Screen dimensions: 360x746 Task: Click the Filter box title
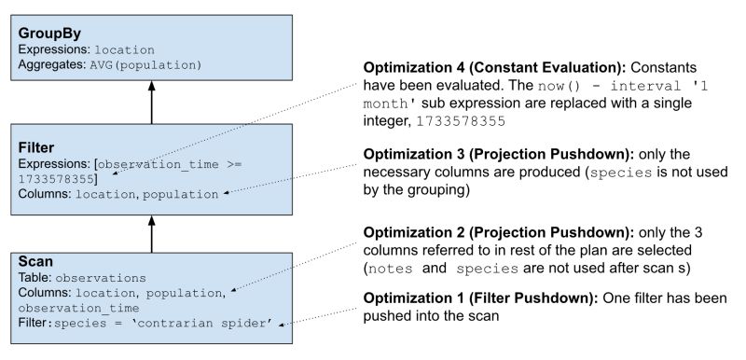point(36,146)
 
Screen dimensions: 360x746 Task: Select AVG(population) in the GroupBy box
point(145,64)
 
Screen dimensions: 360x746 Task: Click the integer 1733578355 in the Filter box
point(57,178)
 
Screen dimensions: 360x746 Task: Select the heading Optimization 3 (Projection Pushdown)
point(484,151)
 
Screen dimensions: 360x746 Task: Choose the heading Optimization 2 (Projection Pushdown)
point(484,234)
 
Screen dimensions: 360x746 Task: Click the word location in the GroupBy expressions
point(124,48)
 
